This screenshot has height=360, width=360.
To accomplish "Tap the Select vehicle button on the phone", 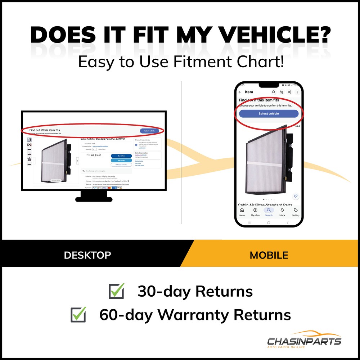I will [269, 114].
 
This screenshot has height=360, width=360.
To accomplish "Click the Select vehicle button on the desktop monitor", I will [149, 131].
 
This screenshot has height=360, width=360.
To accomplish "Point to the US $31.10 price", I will [96, 156].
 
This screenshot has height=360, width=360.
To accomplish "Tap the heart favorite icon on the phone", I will [296, 196].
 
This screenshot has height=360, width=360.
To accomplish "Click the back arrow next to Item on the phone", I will [240, 92].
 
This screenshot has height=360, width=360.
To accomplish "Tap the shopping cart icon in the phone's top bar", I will [282, 92].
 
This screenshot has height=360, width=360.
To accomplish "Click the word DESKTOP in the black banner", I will [87, 255].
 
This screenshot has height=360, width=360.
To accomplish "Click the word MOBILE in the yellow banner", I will [269, 255].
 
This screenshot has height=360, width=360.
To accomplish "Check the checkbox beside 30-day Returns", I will [116, 291].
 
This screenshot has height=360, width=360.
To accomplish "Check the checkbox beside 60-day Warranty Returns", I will [78, 315].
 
